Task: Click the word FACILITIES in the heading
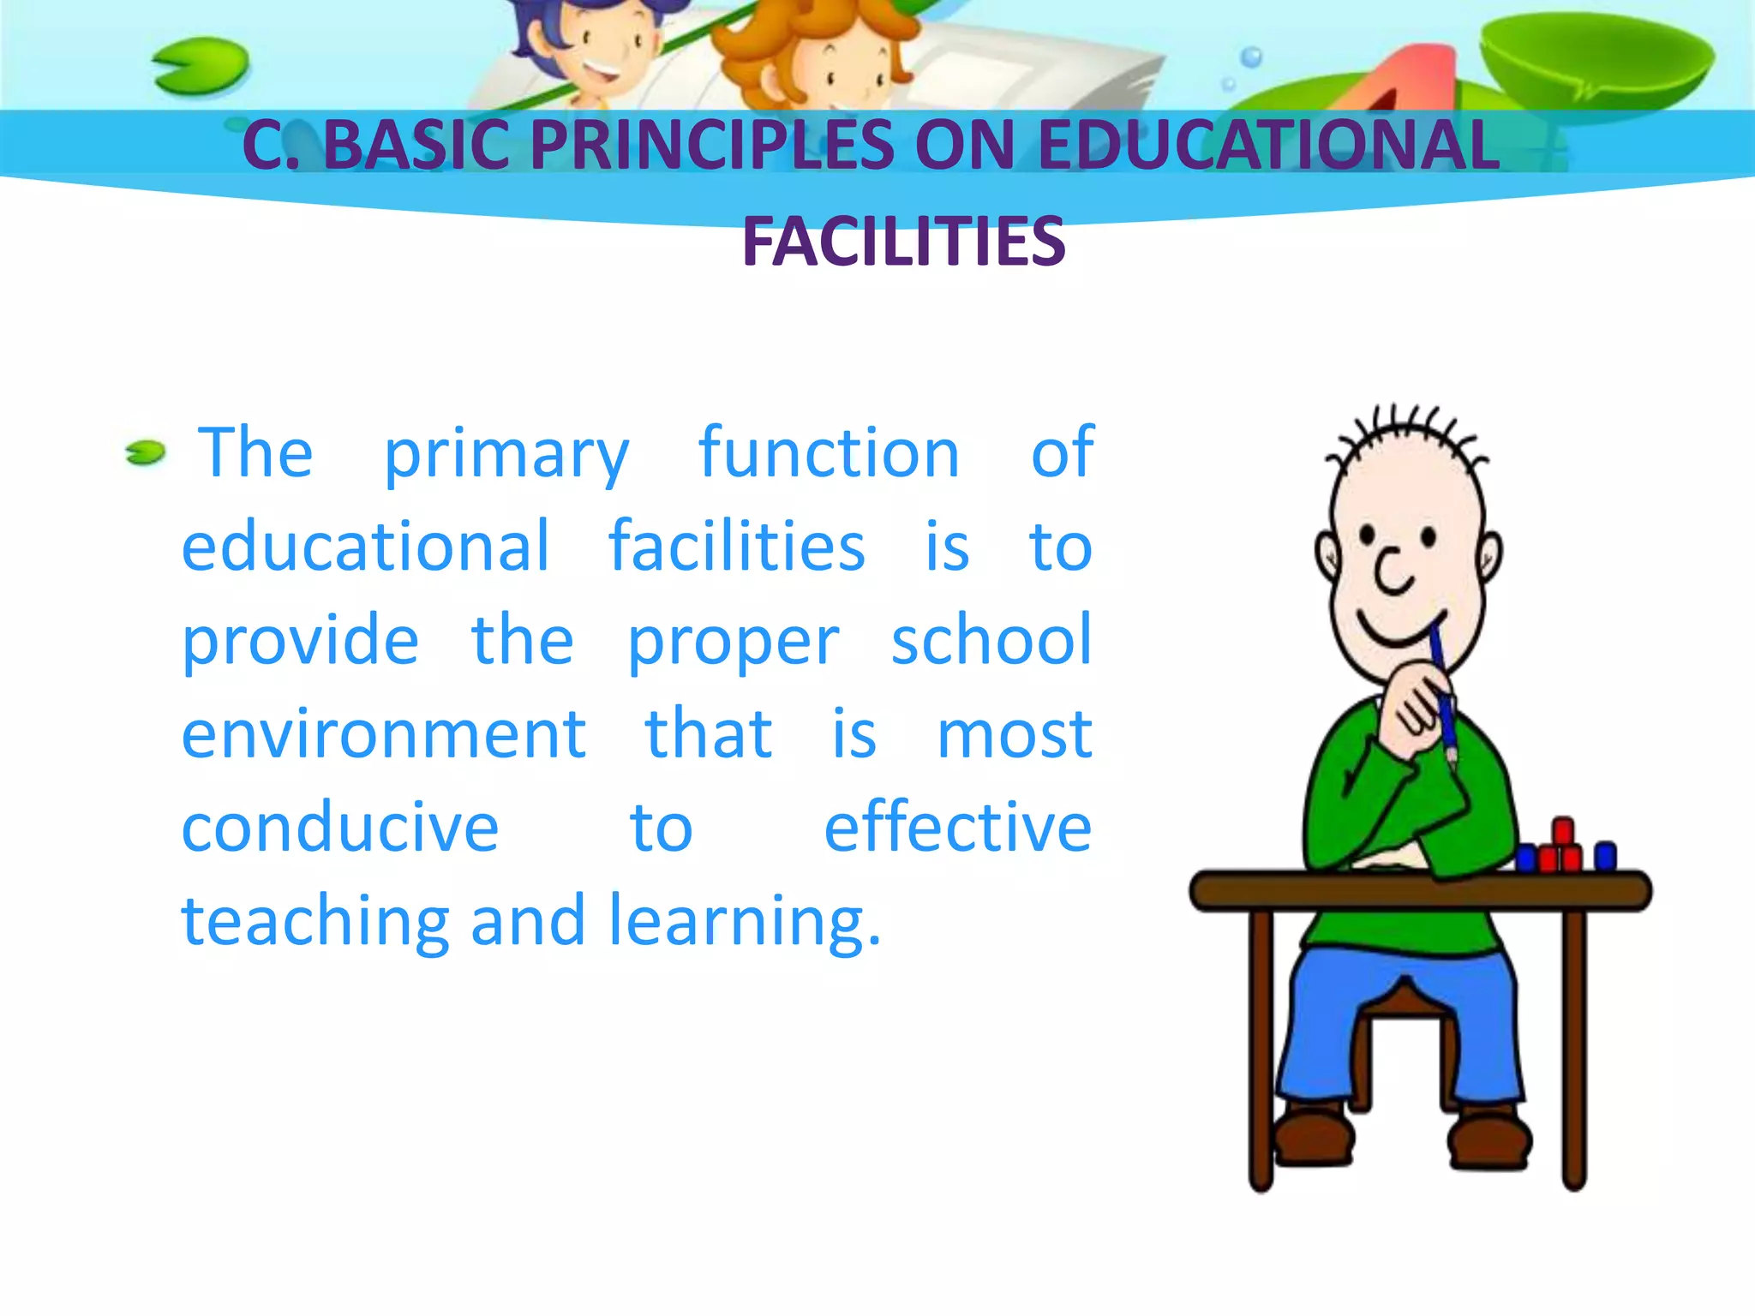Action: pos(903,242)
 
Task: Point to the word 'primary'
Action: pos(506,454)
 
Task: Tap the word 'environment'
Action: pos(383,734)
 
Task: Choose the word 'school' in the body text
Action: pos(991,639)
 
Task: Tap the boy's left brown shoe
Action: pos(1315,1137)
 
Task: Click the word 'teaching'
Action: pos(315,921)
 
